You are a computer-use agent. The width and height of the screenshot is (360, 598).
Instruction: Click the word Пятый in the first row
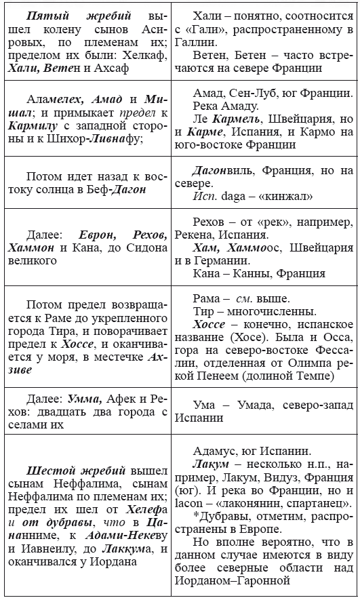point(41,15)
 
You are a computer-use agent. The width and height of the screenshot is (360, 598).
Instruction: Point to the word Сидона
point(138,249)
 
